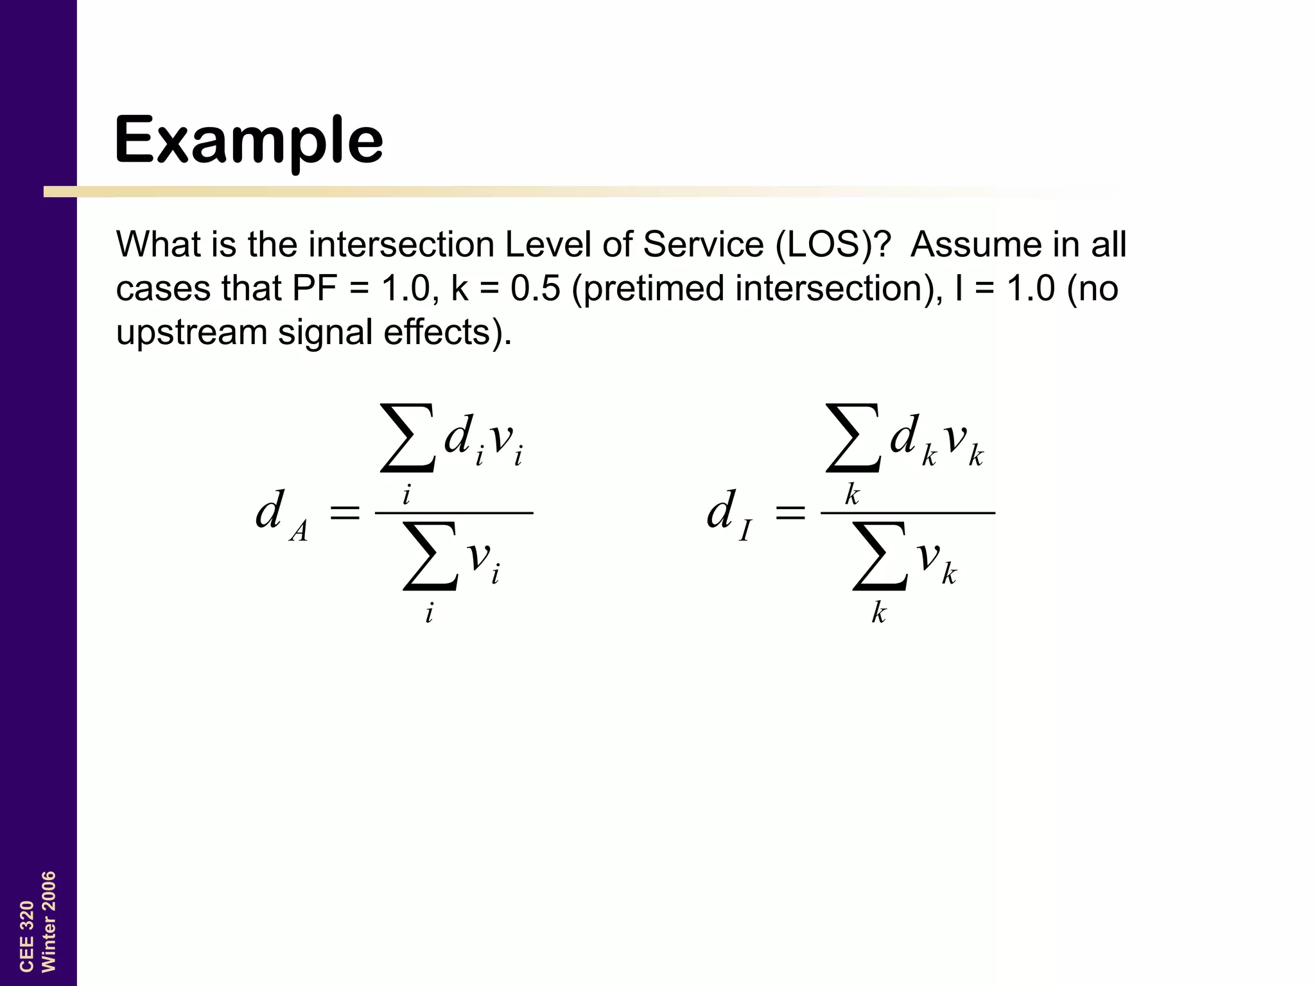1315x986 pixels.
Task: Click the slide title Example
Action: click(x=249, y=141)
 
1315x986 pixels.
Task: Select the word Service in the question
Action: click(x=703, y=245)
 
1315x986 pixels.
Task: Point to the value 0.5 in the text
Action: click(x=535, y=288)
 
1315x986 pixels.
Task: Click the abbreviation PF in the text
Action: click(x=315, y=288)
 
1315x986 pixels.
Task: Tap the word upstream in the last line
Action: click(x=191, y=333)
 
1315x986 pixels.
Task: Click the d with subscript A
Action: click(x=280, y=514)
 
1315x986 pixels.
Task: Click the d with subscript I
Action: click(x=728, y=514)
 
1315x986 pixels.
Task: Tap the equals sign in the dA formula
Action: click(x=344, y=513)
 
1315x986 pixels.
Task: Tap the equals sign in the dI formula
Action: click(x=790, y=513)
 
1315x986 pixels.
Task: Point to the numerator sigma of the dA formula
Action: click(x=406, y=438)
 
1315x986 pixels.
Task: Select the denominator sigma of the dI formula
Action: click(x=880, y=555)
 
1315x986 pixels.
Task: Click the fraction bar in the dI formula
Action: click(x=908, y=513)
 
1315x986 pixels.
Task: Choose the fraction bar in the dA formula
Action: click(x=454, y=513)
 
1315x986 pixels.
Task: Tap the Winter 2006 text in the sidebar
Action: click(x=49, y=922)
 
